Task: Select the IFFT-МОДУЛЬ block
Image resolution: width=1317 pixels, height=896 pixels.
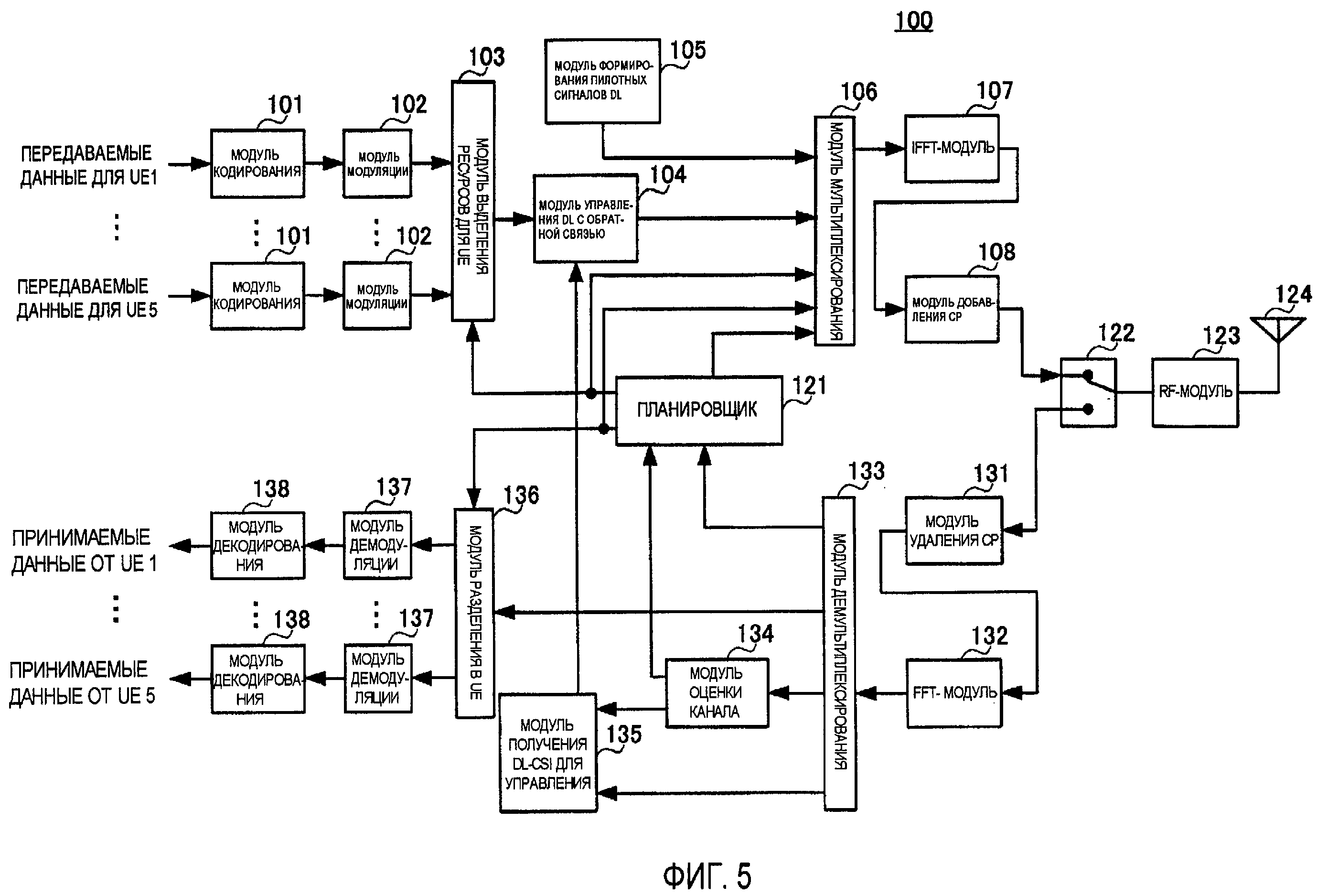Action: [952, 149]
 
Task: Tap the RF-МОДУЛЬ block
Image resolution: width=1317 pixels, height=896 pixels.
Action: [1195, 392]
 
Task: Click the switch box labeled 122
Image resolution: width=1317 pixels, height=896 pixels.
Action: [1088, 392]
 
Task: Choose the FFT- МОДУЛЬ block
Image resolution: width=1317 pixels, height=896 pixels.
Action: [954, 692]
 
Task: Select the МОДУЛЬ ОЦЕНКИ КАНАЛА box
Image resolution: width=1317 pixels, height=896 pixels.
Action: [717, 692]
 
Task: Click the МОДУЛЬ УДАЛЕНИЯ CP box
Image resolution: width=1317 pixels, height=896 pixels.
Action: [954, 530]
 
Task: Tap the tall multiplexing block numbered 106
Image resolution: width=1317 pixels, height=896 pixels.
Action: [834, 231]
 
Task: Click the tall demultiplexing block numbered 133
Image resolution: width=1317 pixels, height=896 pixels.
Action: [839, 653]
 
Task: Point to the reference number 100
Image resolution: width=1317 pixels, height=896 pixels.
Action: [913, 21]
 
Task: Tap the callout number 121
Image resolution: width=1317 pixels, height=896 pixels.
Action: [809, 386]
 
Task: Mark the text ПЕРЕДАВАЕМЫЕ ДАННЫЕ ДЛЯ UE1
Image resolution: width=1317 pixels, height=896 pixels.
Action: [87, 165]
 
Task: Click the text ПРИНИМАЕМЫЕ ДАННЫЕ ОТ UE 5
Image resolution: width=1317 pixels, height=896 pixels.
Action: [81, 683]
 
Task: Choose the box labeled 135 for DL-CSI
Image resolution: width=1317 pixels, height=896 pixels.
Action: [548, 753]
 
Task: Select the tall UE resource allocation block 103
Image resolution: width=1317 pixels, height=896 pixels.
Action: [472, 201]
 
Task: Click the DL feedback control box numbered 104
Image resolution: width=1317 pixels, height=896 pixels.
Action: [585, 219]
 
